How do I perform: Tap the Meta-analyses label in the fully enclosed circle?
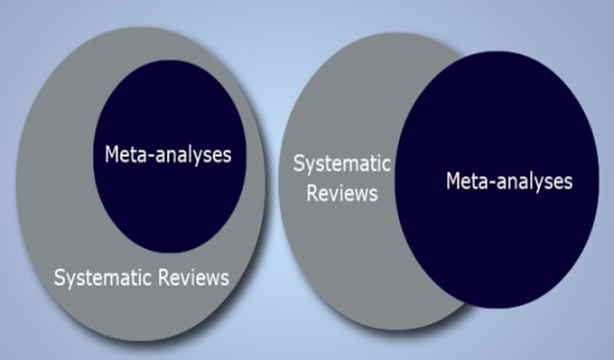(x=168, y=153)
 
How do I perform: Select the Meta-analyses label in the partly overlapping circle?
(x=509, y=181)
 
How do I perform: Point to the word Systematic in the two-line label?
(x=341, y=165)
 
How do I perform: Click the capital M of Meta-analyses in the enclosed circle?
(x=112, y=153)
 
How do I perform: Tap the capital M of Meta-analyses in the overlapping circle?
(x=453, y=181)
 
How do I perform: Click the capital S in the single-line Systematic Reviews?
(x=60, y=278)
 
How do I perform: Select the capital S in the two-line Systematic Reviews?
(x=300, y=164)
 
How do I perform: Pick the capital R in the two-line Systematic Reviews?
(x=312, y=193)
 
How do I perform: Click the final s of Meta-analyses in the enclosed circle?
(x=227, y=155)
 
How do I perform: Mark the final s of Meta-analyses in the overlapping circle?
(x=567, y=183)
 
